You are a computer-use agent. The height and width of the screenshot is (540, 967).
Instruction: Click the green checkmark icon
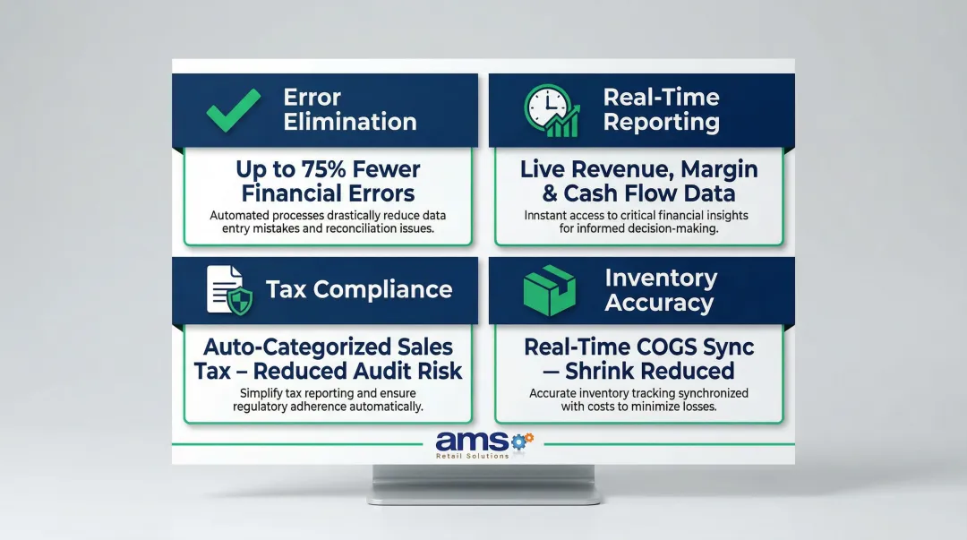point(233,110)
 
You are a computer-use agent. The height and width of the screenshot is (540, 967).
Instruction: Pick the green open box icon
point(549,289)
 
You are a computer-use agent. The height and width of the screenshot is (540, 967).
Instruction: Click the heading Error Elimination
point(349,109)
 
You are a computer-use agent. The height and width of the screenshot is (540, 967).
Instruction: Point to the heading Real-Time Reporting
point(661,109)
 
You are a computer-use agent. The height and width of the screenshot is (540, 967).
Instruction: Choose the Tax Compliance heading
point(359,289)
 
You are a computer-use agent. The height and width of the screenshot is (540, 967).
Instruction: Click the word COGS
point(658,347)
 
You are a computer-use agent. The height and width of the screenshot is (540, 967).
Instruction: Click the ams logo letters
point(471,441)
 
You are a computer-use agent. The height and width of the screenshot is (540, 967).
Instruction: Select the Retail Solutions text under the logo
point(472,456)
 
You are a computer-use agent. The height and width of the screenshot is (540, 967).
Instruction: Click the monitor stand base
point(484,493)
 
